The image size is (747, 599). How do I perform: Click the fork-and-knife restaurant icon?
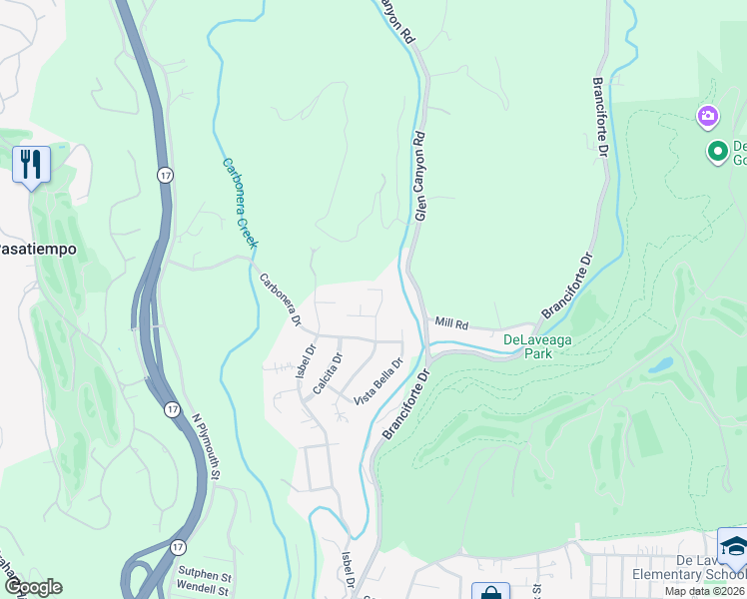(x=31, y=164)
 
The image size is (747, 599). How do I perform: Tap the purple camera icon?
(x=708, y=117)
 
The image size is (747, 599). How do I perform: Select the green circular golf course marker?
(x=717, y=152)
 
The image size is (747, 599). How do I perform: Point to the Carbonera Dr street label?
(x=281, y=299)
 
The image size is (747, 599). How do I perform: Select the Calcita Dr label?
(x=328, y=373)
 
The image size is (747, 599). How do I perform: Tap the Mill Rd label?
(x=451, y=323)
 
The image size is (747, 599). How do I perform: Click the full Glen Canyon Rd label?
(x=421, y=177)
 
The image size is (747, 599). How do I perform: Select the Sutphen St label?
(x=205, y=576)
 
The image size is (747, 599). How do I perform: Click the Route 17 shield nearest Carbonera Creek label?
(x=165, y=175)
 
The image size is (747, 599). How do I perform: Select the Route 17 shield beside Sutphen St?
(x=177, y=547)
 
